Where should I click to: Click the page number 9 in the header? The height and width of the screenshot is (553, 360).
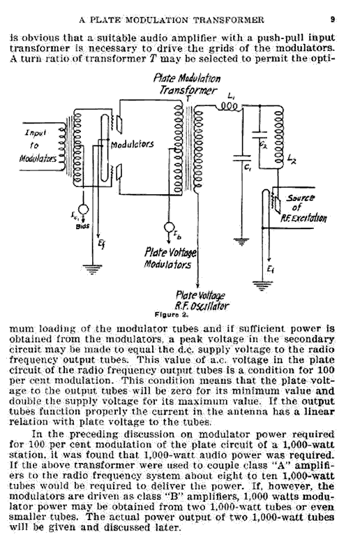click(x=332, y=20)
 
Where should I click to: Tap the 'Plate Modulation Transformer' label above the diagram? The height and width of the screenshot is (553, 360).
click(x=187, y=84)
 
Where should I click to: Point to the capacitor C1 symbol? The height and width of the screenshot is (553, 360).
click(x=241, y=158)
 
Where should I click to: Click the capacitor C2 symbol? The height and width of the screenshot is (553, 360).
click(x=260, y=135)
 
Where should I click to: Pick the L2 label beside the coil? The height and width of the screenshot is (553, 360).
click(x=292, y=161)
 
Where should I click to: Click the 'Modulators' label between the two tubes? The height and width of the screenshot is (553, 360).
click(x=133, y=144)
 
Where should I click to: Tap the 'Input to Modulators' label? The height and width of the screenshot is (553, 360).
click(x=38, y=145)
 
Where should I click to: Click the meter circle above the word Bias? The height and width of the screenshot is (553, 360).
click(x=84, y=209)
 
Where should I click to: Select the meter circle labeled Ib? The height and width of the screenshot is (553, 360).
click(x=169, y=227)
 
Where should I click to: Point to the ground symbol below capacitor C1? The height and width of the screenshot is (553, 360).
click(x=241, y=242)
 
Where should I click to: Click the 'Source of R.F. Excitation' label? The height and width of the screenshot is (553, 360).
click(x=303, y=208)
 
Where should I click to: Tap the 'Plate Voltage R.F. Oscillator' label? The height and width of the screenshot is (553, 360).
click(x=202, y=300)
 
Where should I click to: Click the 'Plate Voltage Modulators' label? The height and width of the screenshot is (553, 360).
click(x=170, y=258)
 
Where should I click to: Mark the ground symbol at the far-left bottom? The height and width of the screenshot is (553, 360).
click(x=92, y=270)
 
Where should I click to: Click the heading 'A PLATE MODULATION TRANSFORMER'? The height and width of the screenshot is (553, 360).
click(x=172, y=20)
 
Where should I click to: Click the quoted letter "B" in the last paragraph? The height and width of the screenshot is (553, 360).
click(x=174, y=496)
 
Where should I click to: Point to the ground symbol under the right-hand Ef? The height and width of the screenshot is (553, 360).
click(x=261, y=286)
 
